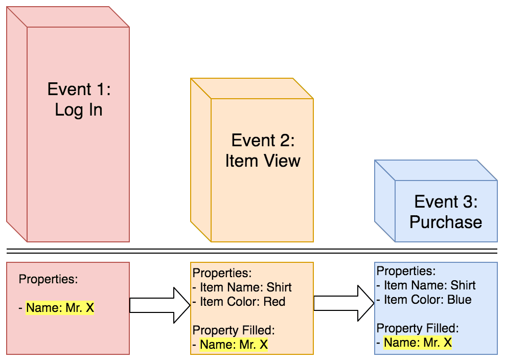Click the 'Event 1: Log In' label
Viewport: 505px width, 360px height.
click(79, 99)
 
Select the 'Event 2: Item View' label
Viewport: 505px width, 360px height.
click(263, 150)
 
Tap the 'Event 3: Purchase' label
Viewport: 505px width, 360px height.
click(446, 212)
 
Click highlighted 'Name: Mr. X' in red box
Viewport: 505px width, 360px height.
click(60, 308)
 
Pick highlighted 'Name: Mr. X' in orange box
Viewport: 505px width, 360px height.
click(234, 345)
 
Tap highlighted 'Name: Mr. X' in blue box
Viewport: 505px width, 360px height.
click(418, 343)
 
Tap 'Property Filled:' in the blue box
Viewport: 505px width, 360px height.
click(418, 328)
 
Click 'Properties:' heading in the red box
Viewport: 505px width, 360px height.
click(48, 279)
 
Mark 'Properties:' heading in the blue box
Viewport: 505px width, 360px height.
click(406, 271)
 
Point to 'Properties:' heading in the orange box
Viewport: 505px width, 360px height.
click(222, 273)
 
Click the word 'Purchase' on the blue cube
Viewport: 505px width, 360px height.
click(446, 222)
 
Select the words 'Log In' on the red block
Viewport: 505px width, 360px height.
click(79, 109)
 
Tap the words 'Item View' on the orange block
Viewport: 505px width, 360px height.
click(263, 161)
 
